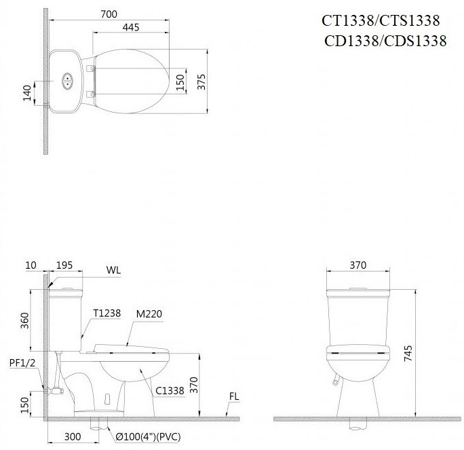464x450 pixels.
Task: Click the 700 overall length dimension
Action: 109,12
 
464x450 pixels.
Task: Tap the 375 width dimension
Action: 201,81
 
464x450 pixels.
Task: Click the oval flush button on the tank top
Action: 67,81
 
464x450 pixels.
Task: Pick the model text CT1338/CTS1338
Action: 381,21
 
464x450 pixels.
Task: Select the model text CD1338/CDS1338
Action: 385,41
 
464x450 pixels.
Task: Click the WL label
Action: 113,270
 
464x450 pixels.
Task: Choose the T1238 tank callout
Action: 107,313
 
